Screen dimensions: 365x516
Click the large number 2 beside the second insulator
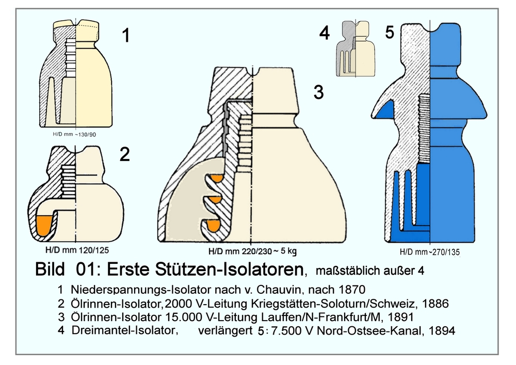[x=124, y=154]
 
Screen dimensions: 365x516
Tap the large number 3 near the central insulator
[x=318, y=93]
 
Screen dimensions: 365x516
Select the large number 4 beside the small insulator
[x=324, y=34]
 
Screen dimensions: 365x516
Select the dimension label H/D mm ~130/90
[x=75, y=134]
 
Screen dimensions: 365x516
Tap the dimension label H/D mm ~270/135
[x=429, y=253]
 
